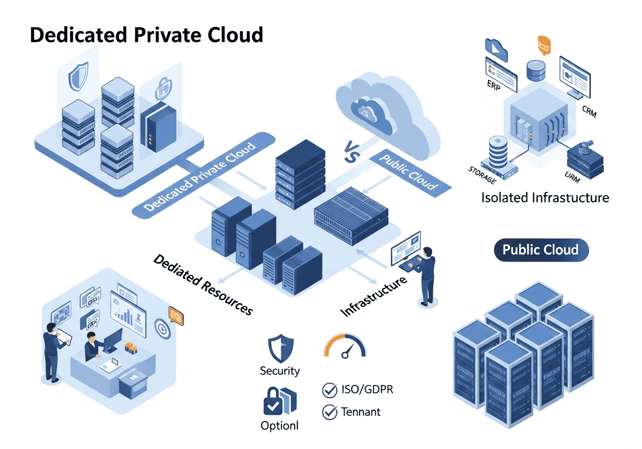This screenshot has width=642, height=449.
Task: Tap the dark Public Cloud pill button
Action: pos(541,250)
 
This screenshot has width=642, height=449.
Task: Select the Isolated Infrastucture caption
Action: pos(545,197)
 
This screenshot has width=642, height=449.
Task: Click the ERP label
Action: pos(494,85)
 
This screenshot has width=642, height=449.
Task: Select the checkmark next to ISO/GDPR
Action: pos(329,389)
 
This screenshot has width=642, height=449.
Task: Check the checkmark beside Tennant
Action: pos(329,412)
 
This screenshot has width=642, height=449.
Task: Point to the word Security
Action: pos(279,371)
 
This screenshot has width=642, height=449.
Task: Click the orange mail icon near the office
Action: pos(176,315)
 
